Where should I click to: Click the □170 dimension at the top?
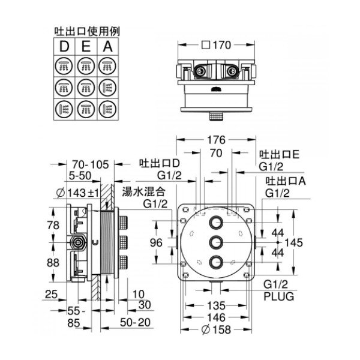217,44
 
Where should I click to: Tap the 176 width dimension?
217,140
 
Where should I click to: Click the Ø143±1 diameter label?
80,192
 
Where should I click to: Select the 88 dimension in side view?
54,263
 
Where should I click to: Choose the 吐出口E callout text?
279,154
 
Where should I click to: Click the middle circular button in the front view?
217,242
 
